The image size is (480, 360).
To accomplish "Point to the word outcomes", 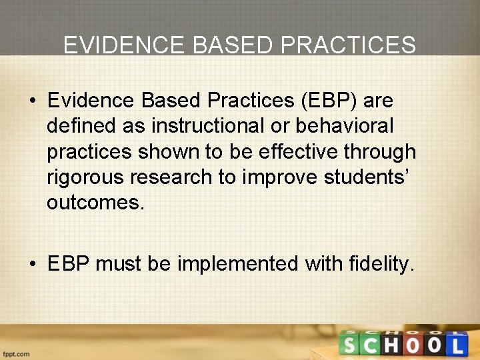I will (95, 203).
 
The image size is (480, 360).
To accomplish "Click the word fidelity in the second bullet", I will (381, 264).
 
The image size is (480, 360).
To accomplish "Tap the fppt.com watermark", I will (16, 353).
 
